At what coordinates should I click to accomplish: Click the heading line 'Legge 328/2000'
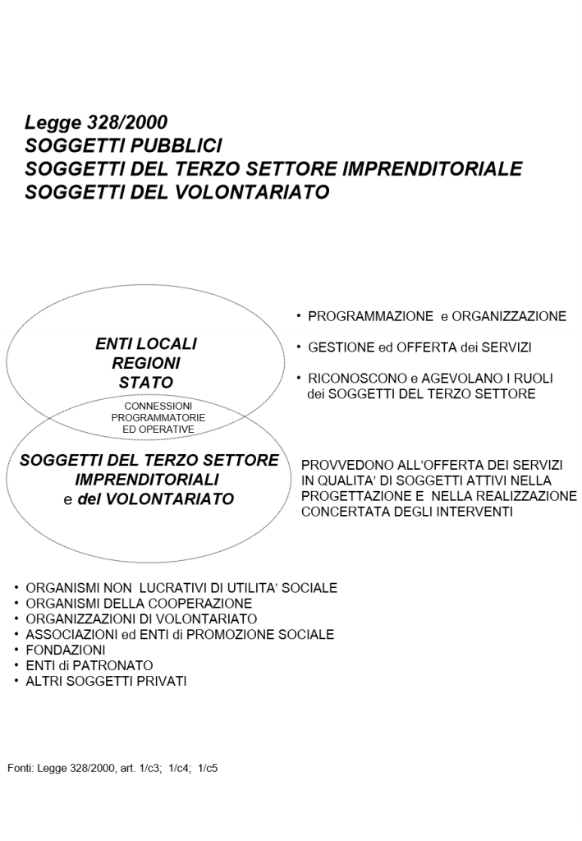coord(96,123)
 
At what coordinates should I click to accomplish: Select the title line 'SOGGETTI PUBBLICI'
coord(123,146)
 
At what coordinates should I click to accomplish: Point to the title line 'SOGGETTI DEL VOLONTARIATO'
coord(177,192)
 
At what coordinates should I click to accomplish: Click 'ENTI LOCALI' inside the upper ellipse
coord(146,344)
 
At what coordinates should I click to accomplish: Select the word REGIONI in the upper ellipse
coord(146,363)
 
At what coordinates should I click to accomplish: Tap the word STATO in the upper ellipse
coord(146,382)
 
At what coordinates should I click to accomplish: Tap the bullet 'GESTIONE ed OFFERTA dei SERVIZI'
coord(419,348)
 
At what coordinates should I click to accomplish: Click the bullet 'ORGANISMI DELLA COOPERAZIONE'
coord(139,604)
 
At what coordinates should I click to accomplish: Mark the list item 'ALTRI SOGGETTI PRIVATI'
coord(106,681)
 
